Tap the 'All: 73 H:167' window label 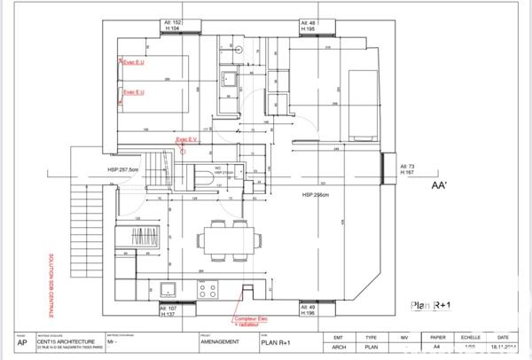(408, 170)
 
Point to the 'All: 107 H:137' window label (168, 311)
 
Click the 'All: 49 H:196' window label (309, 311)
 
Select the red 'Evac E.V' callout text (187, 140)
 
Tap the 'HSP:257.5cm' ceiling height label (123, 168)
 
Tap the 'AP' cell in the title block (21, 340)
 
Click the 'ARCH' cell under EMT (339, 348)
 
